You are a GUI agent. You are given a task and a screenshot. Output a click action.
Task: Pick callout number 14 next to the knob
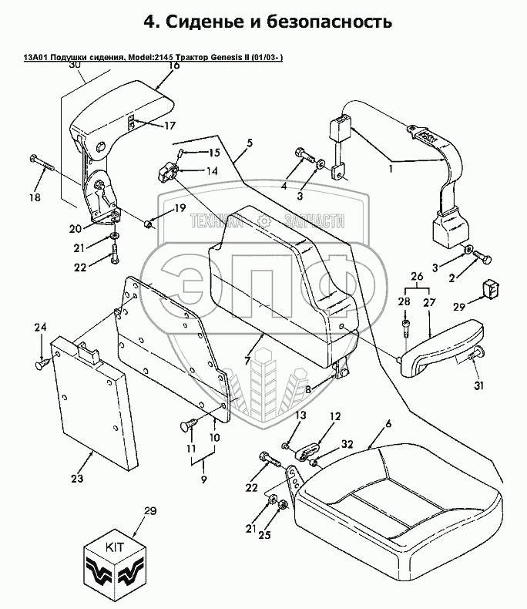tap(210, 170)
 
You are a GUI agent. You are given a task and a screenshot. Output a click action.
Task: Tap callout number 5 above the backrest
tap(250, 143)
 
